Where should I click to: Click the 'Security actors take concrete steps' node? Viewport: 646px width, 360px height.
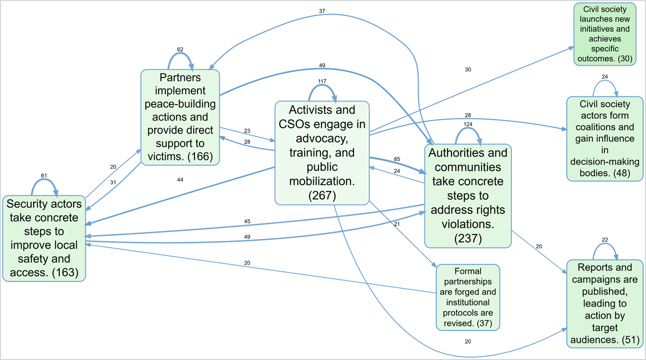[x=44, y=238]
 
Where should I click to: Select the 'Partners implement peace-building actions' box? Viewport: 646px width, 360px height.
[x=180, y=117]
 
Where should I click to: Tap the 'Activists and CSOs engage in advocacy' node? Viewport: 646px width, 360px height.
[x=322, y=153]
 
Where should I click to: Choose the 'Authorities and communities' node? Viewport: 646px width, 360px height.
[x=468, y=196]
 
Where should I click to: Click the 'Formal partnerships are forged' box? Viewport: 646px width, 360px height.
[x=468, y=297]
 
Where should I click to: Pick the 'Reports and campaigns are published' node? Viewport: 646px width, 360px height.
[x=604, y=303]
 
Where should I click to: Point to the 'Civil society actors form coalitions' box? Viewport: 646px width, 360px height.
[x=605, y=138]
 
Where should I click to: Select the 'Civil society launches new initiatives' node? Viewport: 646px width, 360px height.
[x=605, y=34]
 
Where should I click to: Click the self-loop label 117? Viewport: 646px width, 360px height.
[x=322, y=81]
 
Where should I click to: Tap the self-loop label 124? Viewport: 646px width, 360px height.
[x=468, y=124]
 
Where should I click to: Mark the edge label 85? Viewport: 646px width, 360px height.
[x=397, y=158]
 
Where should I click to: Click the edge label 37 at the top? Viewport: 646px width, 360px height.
[x=322, y=10]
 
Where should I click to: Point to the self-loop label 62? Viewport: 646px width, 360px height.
[x=180, y=49]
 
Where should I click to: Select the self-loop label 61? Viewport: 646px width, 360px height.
[x=43, y=176]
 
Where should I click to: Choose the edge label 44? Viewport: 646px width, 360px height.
[x=179, y=180]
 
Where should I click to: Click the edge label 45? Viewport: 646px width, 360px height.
[x=247, y=221]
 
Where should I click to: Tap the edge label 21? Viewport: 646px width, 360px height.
[x=397, y=224]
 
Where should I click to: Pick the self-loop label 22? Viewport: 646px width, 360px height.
[x=605, y=240]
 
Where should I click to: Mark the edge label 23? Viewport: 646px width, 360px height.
[x=247, y=131]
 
